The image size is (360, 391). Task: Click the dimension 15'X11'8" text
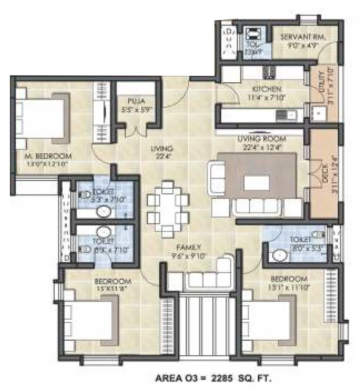pos(113,289)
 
